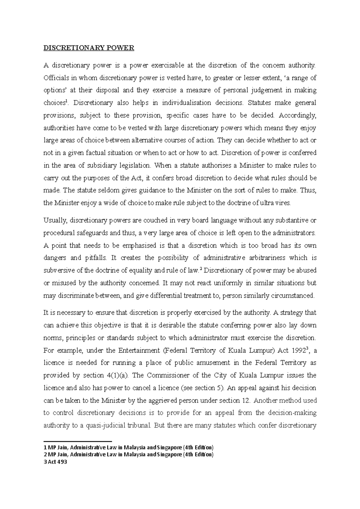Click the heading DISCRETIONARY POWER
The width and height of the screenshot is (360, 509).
point(89,48)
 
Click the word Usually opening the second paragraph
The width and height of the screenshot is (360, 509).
point(55,220)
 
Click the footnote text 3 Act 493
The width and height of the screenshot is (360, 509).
point(55,462)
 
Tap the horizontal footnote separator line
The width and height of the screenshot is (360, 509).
point(77,441)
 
